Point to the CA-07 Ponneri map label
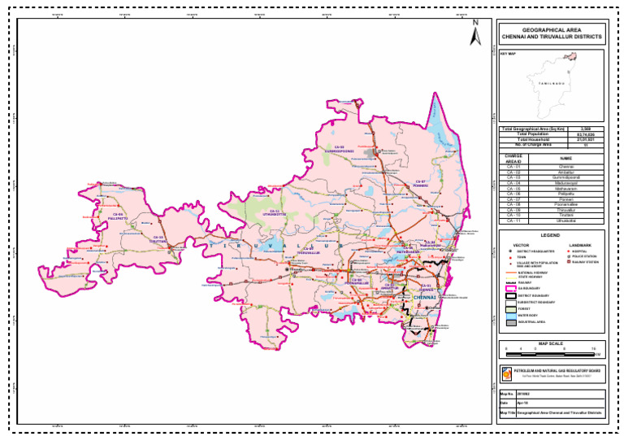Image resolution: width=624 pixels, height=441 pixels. pyautogui.click(x=420, y=183)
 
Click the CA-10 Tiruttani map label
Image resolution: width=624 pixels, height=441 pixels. pyautogui.click(x=158, y=239)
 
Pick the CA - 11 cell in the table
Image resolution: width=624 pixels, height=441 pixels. pyautogui.click(x=513, y=220)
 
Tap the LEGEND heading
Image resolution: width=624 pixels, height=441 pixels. pyautogui.click(x=550, y=236)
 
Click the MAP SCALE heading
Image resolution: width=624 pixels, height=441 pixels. pyautogui.click(x=550, y=343)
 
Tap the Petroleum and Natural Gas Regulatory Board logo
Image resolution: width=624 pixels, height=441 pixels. pyautogui.click(x=508, y=373)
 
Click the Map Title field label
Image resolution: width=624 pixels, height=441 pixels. pyautogui.click(x=506, y=413)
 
